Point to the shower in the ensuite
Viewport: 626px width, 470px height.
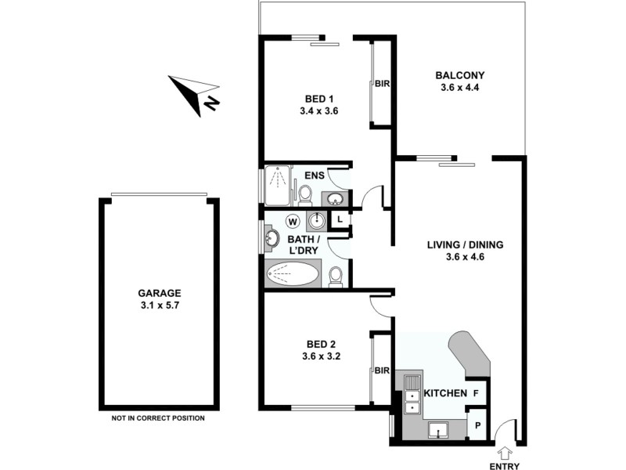tap(276, 185)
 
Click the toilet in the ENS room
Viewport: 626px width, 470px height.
tap(305, 193)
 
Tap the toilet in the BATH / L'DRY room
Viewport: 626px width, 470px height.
tap(335, 276)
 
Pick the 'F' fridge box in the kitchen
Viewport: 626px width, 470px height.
tap(477, 392)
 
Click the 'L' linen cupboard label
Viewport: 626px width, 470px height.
tap(340, 220)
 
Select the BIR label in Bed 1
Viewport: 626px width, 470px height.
tap(383, 83)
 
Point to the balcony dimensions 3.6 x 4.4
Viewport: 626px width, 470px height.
tap(460, 87)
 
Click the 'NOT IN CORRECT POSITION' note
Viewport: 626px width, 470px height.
tap(159, 418)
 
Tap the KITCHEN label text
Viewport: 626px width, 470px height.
tap(444, 392)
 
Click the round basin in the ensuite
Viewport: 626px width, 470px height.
tap(334, 198)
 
